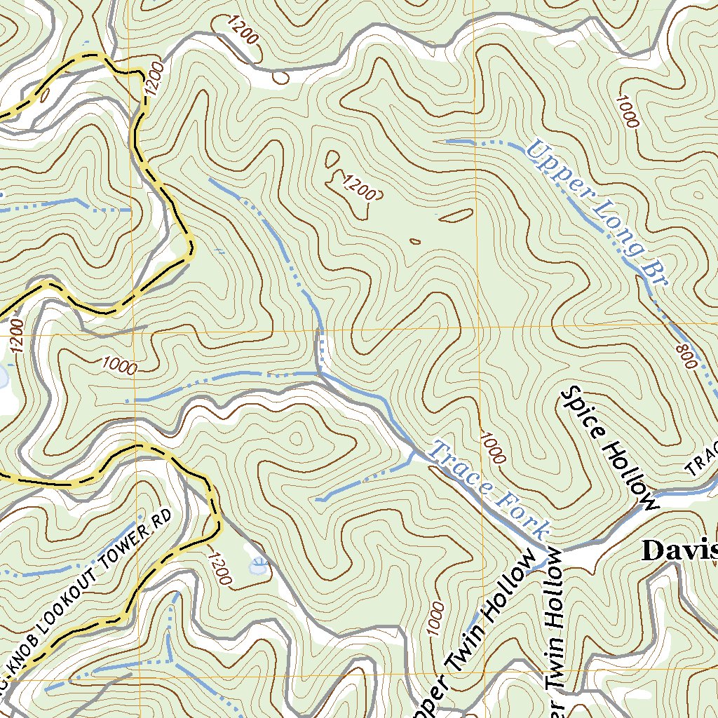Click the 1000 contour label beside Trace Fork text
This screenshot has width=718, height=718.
click(493, 448)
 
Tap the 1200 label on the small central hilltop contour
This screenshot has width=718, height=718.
click(359, 187)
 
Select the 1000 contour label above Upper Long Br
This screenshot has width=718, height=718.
click(627, 111)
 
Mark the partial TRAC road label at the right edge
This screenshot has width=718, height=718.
click(702, 459)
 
